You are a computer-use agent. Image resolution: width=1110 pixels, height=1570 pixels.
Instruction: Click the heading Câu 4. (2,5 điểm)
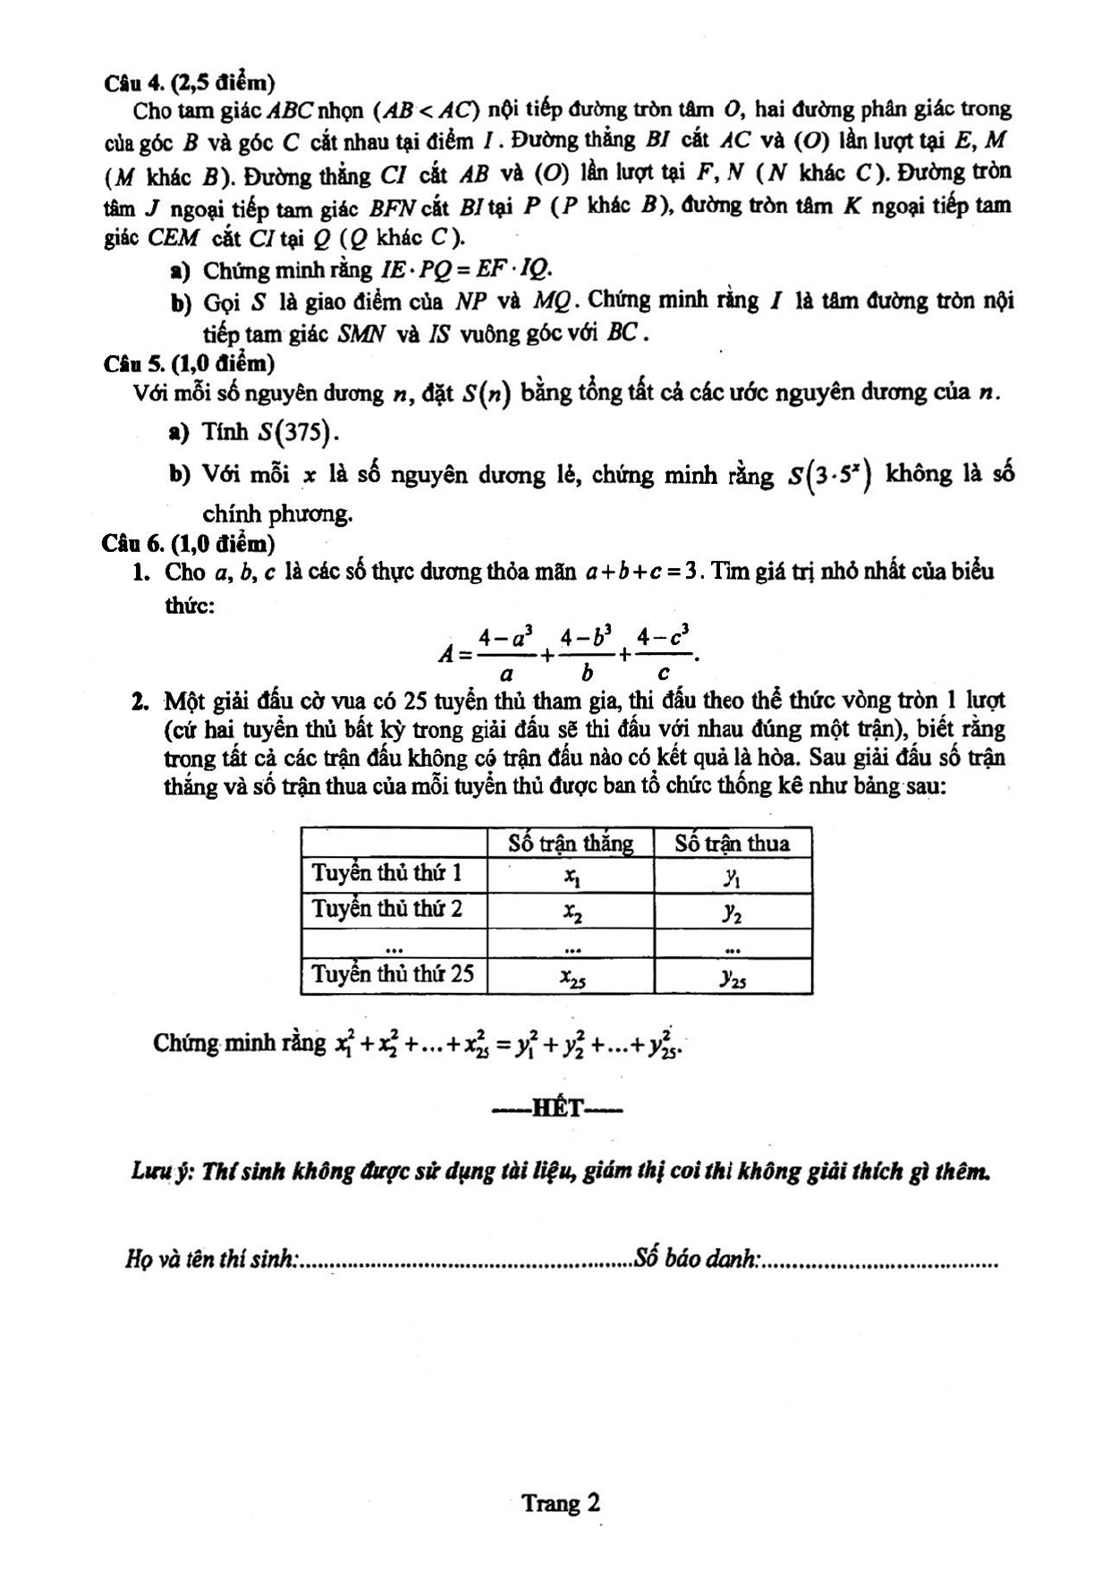click(189, 83)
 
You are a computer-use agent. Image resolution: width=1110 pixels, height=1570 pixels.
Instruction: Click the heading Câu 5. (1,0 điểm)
click(189, 363)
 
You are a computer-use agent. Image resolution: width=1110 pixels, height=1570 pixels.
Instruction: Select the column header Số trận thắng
click(571, 844)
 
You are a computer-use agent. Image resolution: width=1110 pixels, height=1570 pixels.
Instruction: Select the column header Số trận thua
click(733, 844)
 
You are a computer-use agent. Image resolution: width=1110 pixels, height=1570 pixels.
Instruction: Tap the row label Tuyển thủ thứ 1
click(386, 873)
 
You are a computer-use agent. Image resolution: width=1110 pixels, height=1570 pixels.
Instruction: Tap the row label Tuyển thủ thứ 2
click(386, 910)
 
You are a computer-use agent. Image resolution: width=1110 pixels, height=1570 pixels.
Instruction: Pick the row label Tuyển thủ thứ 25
click(393, 974)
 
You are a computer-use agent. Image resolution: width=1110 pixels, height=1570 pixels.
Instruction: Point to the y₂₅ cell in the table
click(733, 979)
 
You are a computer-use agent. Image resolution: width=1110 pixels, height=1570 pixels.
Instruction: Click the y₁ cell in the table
click(733, 878)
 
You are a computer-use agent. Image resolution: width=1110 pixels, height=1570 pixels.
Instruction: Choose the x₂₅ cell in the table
click(572, 979)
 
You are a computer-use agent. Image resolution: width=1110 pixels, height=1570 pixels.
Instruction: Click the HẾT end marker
click(557, 1110)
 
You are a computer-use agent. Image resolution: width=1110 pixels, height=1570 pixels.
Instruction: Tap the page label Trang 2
click(561, 1504)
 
